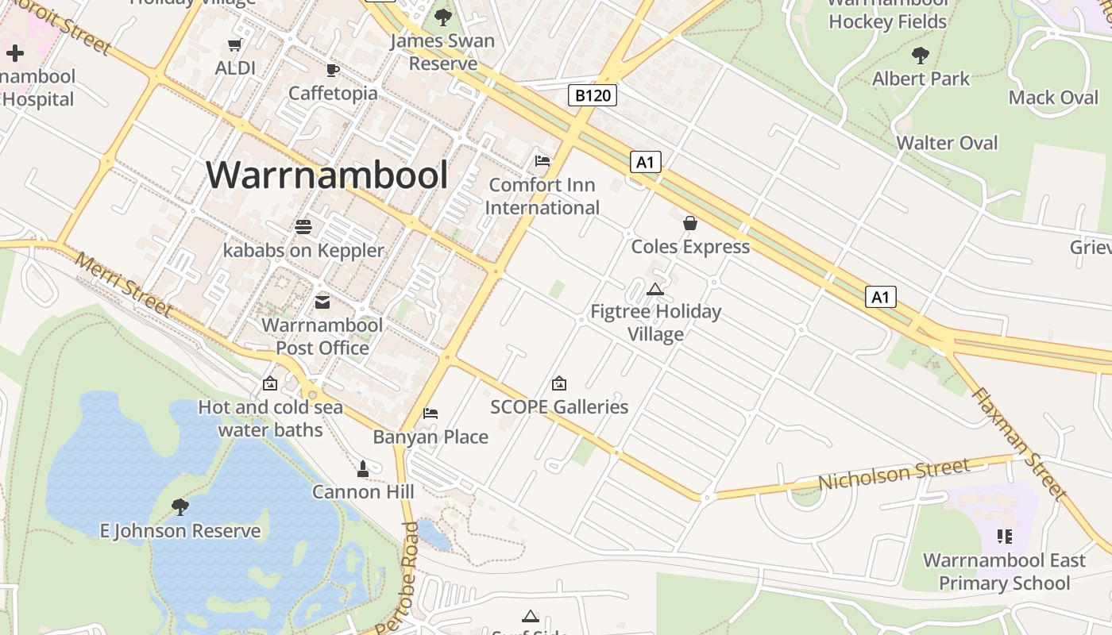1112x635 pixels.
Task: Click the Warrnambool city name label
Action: click(x=327, y=175)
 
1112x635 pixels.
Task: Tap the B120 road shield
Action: click(x=593, y=96)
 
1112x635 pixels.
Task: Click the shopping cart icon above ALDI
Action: click(x=235, y=45)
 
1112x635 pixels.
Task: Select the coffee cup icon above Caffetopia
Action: click(x=333, y=70)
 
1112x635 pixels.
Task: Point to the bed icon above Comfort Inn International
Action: click(x=542, y=161)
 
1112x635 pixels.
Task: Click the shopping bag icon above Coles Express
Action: click(x=690, y=223)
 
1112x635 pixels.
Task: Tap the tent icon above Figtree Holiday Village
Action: click(x=654, y=289)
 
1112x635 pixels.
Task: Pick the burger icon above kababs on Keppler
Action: click(x=303, y=227)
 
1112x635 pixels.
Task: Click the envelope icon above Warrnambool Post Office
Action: click(x=322, y=302)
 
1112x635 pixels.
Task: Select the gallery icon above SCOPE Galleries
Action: click(x=559, y=383)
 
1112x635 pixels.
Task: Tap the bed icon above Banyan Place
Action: click(x=431, y=414)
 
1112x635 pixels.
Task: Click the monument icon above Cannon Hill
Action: click(x=363, y=469)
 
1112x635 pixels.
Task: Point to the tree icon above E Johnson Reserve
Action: click(x=180, y=506)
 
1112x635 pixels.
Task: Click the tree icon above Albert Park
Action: click(x=921, y=56)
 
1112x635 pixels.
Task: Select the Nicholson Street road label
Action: click(x=894, y=474)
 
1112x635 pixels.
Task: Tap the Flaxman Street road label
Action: click(x=1020, y=443)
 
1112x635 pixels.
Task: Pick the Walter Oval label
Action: click(x=947, y=143)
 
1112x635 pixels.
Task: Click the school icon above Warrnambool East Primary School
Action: click(x=1004, y=537)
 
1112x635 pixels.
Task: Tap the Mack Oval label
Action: click(x=1053, y=98)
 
